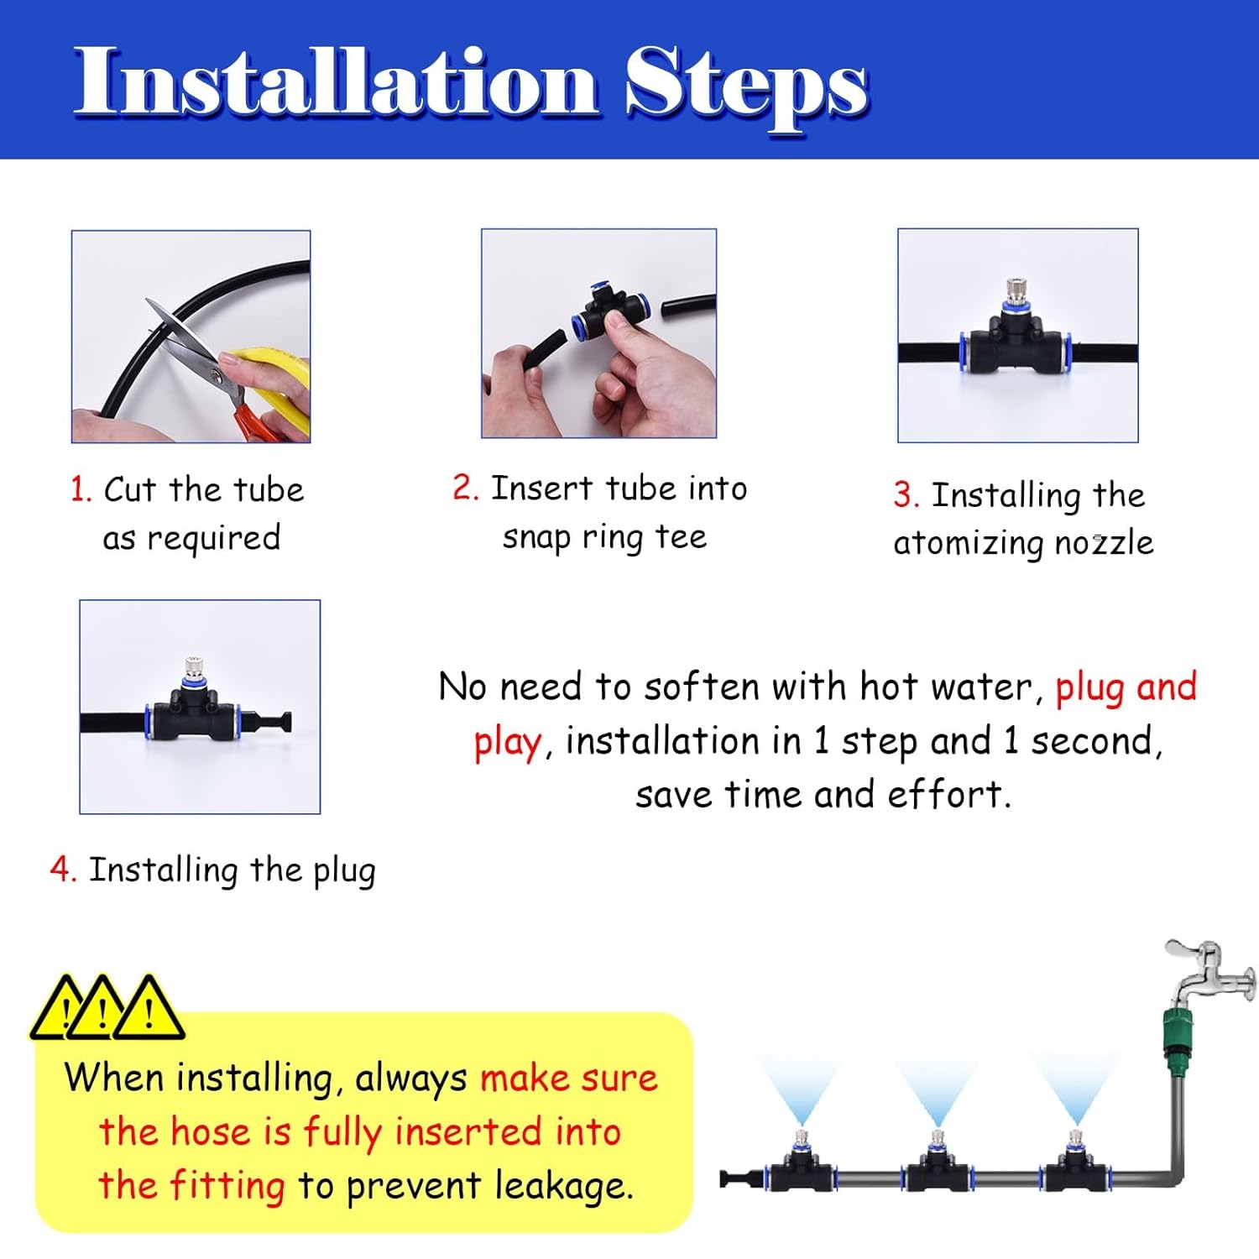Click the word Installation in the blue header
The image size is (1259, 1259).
coord(336,81)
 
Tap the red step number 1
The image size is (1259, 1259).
coord(80,489)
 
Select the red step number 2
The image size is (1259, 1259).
coord(464,488)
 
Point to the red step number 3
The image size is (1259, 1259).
coord(906,494)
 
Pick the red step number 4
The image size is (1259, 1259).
coord(63,870)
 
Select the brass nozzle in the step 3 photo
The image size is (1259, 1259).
coord(1017,290)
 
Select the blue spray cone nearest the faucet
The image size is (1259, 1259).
coord(1076,1087)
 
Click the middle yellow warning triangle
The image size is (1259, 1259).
coord(102,1010)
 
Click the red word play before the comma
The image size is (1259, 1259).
coord(507,743)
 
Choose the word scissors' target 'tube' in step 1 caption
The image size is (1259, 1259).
coord(269,489)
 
